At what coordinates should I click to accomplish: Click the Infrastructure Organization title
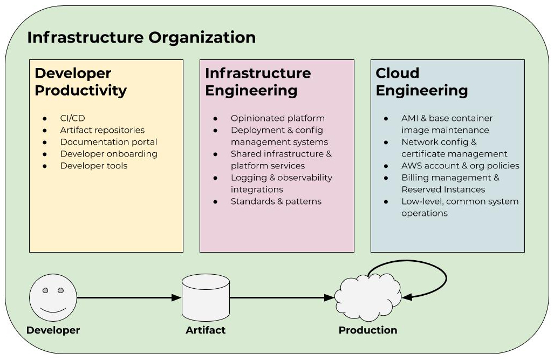click(x=141, y=37)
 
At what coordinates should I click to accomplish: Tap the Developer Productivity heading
click(x=80, y=81)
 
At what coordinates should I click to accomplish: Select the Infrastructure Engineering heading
click(x=258, y=81)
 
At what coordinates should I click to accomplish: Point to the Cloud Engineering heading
click(x=421, y=81)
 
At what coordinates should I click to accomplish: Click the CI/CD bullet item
click(x=72, y=118)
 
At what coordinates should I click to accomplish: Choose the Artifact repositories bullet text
click(x=102, y=130)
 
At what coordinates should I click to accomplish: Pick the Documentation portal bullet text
click(x=108, y=142)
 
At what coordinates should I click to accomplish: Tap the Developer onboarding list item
click(x=109, y=154)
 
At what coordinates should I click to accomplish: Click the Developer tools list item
click(x=94, y=166)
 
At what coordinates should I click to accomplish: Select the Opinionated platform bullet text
click(x=278, y=118)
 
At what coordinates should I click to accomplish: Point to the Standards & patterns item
click(x=276, y=201)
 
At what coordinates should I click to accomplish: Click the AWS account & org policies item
click(x=460, y=166)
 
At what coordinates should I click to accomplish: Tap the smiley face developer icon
click(x=53, y=298)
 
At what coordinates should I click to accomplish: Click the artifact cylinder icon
click(x=206, y=297)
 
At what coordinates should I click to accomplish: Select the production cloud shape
click(x=368, y=297)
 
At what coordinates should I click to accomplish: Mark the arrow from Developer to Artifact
click(x=129, y=298)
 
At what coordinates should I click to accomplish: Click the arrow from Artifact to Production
click(x=282, y=298)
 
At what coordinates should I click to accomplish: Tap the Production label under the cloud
click(x=368, y=330)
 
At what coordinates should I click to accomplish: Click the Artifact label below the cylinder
click(x=206, y=330)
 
